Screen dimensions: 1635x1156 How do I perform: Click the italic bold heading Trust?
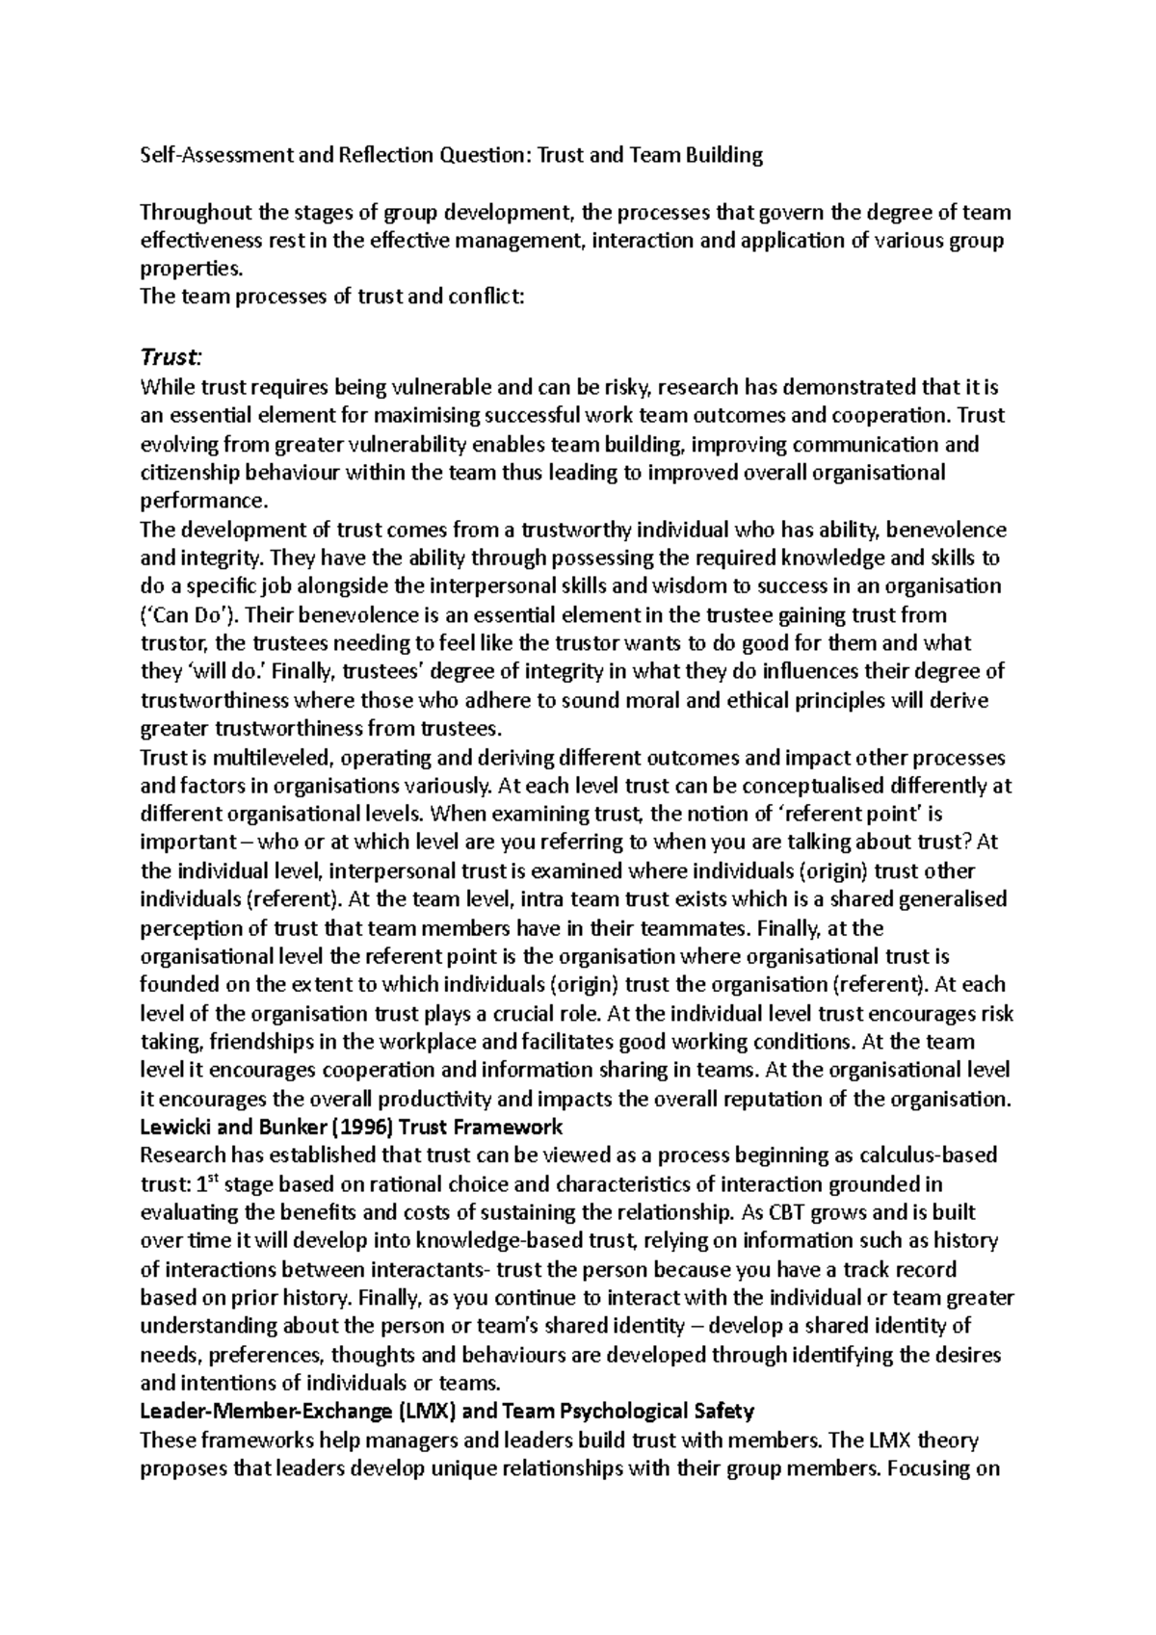pos(171,357)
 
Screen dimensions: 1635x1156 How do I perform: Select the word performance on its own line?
pos(200,501)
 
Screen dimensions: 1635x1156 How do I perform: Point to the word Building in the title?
pos(721,156)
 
